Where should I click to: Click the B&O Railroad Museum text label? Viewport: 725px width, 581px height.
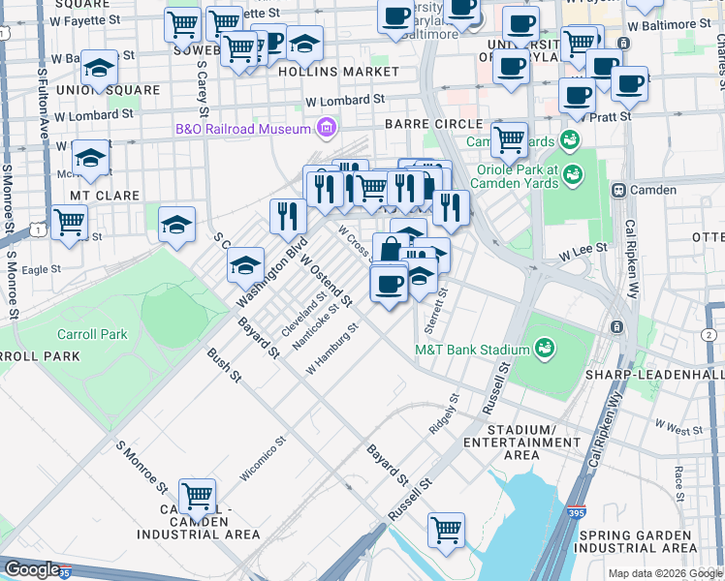click(x=242, y=128)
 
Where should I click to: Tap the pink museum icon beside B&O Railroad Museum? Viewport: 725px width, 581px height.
click(x=327, y=128)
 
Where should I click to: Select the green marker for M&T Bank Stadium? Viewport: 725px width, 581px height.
click(x=545, y=349)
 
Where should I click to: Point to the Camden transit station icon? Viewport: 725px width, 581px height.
click(x=619, y=190)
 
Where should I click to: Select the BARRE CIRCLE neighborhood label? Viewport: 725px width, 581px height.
click(x=432, y=124)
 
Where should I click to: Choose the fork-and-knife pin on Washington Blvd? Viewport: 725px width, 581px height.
click(x=286, y=216)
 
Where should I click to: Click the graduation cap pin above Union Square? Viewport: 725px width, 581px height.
click(x=98, y=67)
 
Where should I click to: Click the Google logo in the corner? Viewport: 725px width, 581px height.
click(x=32, y=569)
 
